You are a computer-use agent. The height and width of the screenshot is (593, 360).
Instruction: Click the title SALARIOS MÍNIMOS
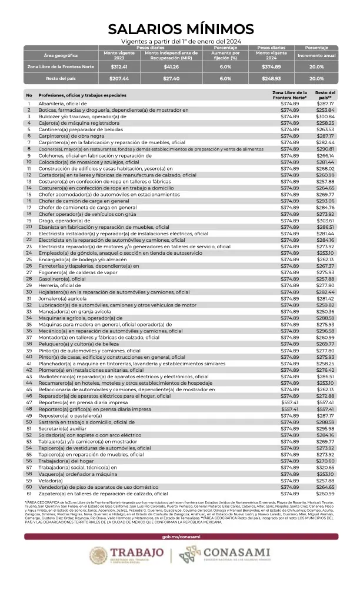coord(180,29)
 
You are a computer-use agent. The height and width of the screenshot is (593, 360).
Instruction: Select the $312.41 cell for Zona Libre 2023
coord(119,67)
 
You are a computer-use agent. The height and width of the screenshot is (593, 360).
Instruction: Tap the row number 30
coord(28,292)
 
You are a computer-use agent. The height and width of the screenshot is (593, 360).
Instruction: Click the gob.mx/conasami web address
coord(180,537)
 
